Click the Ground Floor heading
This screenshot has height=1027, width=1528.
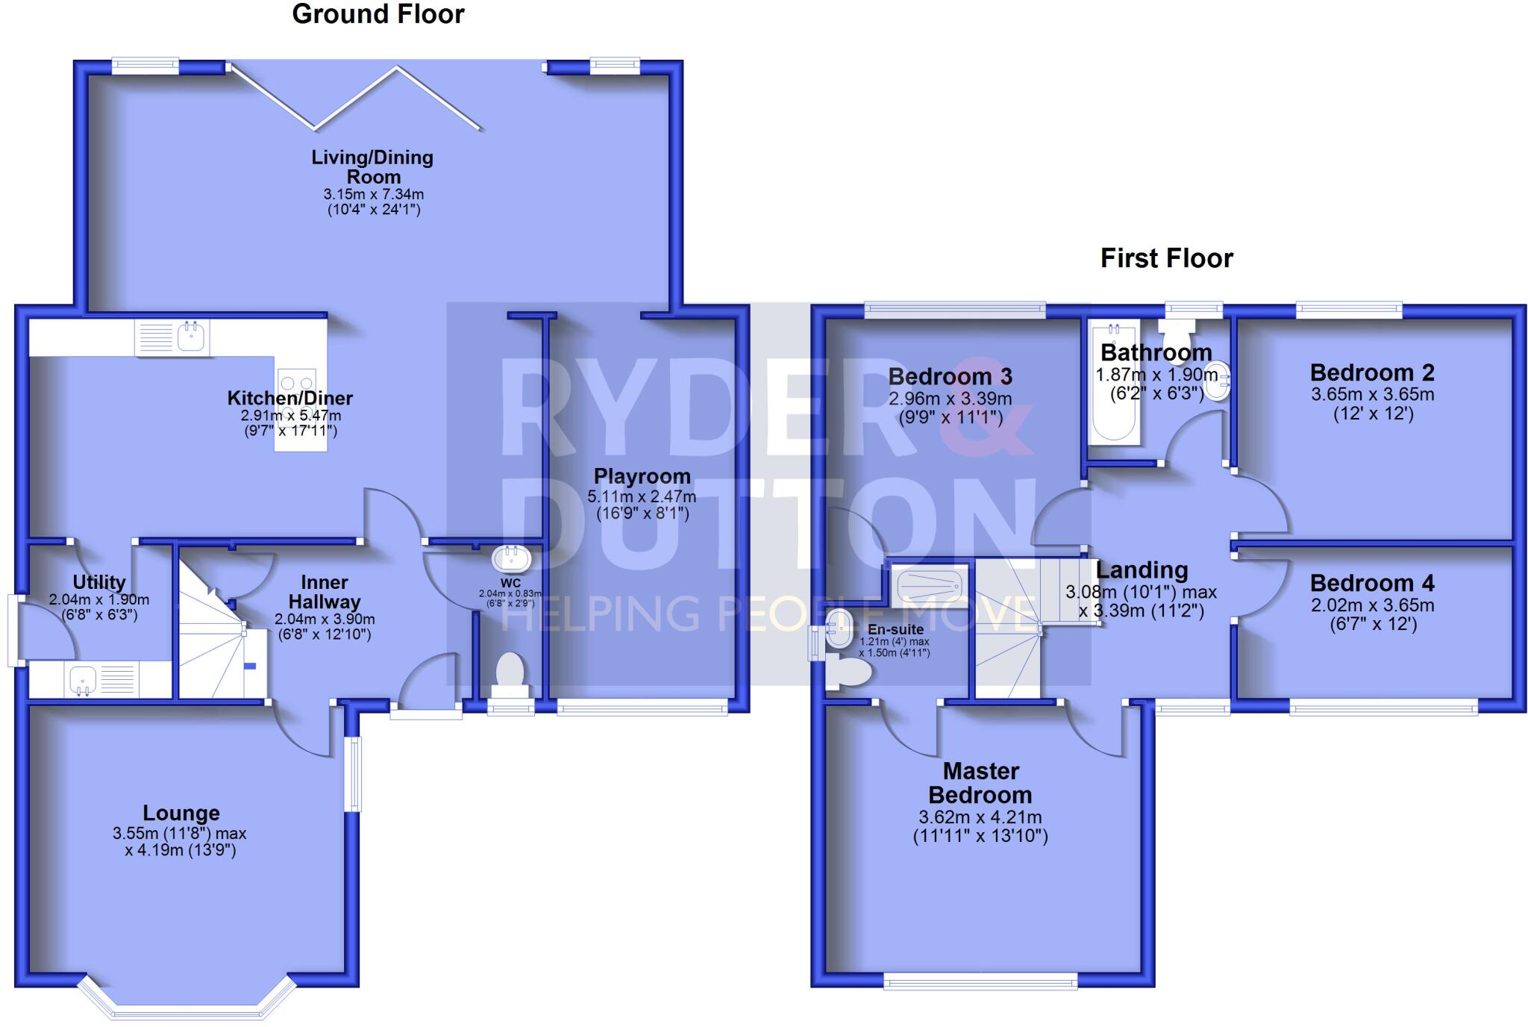(378, 14)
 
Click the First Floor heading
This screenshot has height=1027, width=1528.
(1166, 258)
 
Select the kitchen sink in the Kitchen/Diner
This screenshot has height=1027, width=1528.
(192, 337)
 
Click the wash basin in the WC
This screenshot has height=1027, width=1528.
(511, 558)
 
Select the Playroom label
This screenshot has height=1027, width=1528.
(642, 476)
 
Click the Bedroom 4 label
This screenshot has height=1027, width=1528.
(1371, 583)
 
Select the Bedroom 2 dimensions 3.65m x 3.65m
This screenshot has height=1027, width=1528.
(1372, 394)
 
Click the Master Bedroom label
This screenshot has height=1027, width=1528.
(980, 782)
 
